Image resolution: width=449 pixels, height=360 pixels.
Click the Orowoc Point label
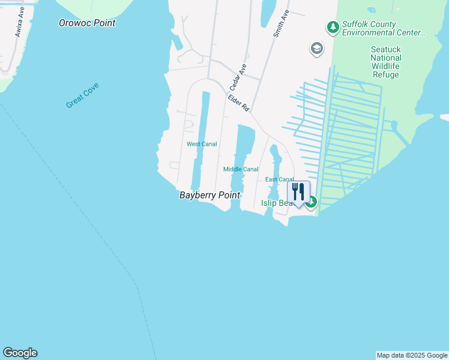[x=87, y=23]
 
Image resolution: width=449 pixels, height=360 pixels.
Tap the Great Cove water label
[x=82, y=95]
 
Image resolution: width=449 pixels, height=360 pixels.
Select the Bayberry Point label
[x=209, y=196]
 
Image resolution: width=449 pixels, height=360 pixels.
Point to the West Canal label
[x=201, y=144]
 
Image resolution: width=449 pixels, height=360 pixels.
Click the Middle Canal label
[x=241, y=169]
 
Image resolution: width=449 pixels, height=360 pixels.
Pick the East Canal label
[x=279, y=179]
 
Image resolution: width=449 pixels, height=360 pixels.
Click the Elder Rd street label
[x=238, y=103]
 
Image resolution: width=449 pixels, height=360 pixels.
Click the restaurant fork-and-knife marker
[x=298, y=192]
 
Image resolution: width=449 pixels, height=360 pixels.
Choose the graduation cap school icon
[x=316, y=49]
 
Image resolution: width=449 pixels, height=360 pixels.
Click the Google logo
[x=20, y=353]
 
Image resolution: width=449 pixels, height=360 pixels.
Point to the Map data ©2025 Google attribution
[x=412, y=355]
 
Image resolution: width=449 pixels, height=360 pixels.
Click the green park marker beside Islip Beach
[x=311, y=203]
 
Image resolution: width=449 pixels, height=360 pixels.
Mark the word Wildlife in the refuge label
[x=385, y=66]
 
